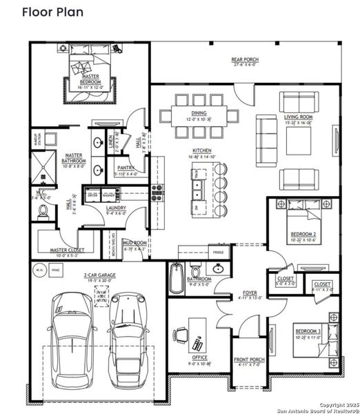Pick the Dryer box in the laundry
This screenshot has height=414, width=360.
point(92,195)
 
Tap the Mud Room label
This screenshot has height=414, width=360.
point(134,244)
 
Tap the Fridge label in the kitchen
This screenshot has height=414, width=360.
point(219,253)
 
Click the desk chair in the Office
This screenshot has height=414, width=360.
point(181,334)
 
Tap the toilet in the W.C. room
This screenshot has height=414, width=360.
point(42,213)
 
